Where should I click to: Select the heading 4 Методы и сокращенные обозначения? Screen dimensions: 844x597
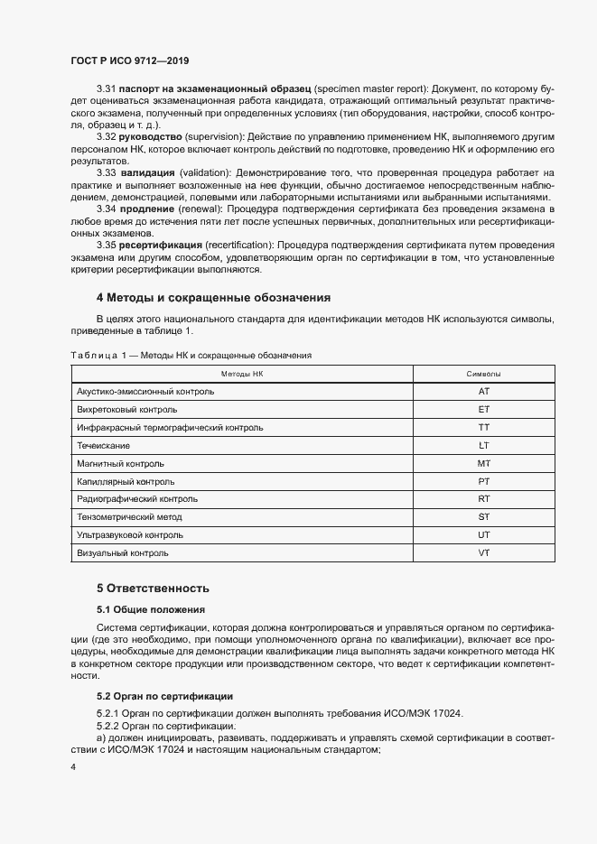[x=213, y=297]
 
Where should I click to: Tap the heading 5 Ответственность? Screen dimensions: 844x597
[x=153, y=587]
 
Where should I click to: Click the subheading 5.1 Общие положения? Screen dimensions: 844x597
[x=151, y=609]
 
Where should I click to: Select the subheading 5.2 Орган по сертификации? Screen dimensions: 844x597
[x=165, y=696]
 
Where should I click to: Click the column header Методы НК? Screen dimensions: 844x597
[x=241, y=374]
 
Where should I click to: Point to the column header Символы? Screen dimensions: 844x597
[x=483, y=374]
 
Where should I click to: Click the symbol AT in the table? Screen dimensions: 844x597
[x=483, y=392]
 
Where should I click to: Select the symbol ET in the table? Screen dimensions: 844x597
[x=483, y=410]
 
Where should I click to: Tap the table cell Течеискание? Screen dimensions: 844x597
[x=104, y=445]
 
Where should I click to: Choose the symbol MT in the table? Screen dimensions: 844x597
[x=483, y=463]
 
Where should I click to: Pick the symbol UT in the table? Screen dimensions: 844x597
[x=483, y=534]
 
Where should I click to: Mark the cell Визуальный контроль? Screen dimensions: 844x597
[x=124, y=552]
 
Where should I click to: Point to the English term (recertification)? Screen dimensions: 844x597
[x=231, y=246]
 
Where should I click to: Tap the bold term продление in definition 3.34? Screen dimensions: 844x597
[x=149, y=209]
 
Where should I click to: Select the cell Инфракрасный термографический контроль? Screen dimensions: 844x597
[x=170, y=428]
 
